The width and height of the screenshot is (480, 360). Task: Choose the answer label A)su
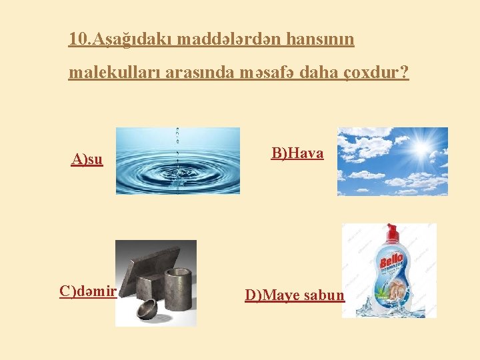click(x=87, y=160)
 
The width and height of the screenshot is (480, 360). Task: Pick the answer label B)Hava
click(x=297, y=154)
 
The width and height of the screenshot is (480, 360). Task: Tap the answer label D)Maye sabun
click(x=295, y=295)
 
